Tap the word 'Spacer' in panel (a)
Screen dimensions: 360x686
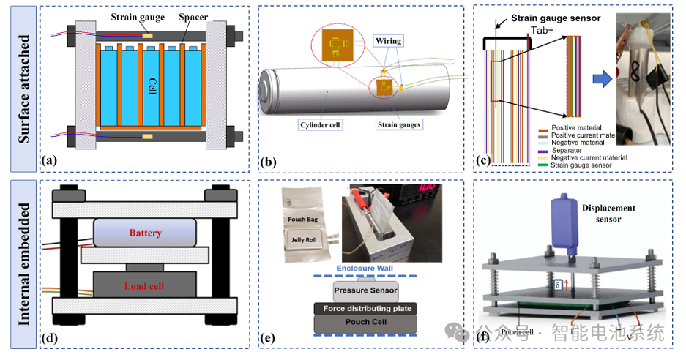coord(193,15)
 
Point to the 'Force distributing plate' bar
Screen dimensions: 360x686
coord(365,309)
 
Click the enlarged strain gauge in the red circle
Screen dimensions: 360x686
coord(338,46)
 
